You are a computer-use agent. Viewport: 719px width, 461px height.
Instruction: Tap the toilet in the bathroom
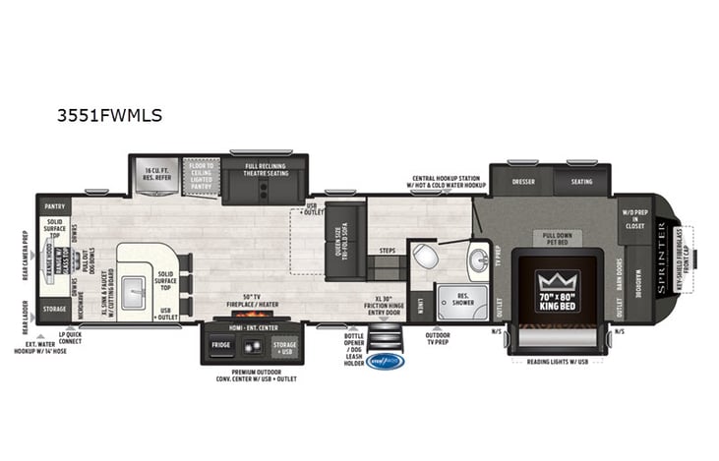(x=424, y=256)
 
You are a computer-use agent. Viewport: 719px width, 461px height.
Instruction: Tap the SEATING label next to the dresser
(x=581, y=181)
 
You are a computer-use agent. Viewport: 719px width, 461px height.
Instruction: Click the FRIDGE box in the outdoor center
(x=220, y=345)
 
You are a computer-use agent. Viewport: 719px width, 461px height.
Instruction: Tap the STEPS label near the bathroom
(x=388, y=251)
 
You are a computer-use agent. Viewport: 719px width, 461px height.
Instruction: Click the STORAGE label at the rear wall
(x=54, y=309)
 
